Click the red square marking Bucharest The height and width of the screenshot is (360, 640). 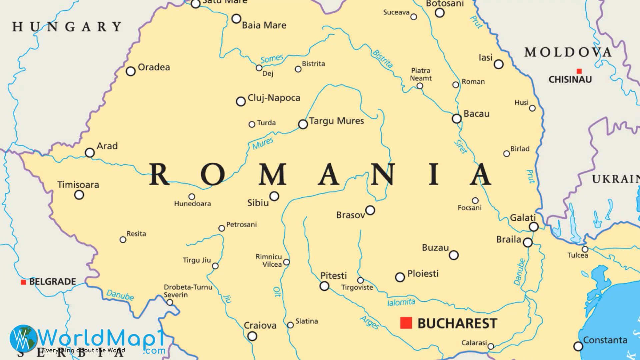point(406,323)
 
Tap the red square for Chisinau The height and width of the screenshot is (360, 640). point(579,71)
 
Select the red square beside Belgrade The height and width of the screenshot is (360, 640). point(23,282)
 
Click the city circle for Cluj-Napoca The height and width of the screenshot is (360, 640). point(241,101)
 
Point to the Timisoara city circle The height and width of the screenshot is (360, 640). point(79,195)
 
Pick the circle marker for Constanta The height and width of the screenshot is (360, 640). point(578,346)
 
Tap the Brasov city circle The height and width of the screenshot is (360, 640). point(370,210)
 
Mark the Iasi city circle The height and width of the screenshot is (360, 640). point(499,64)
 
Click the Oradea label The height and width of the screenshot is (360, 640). point(154,67)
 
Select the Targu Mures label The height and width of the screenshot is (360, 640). point(336,121)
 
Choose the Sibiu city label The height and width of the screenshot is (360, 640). point(258,203)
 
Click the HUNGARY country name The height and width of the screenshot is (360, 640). point(67,27)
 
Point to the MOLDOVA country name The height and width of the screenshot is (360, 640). point(568,52)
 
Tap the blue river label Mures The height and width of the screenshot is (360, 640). point(263,143)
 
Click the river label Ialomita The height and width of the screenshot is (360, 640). point(401,302)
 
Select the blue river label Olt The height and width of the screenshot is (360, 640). point(277,292)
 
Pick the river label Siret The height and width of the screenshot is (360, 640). point(461,147)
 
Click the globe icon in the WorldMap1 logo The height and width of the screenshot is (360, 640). point(23,338)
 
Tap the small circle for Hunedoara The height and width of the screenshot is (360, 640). point(192,197)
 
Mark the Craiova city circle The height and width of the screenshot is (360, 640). point(252,336)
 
